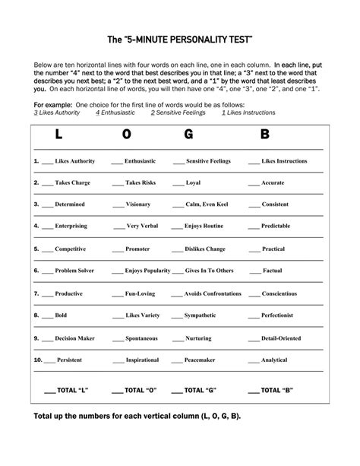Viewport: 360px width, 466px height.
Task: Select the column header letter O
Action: (x=126, y=136)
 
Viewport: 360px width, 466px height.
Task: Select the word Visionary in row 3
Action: (x=138, y=204)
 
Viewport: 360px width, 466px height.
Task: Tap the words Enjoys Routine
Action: (x=204, y=227)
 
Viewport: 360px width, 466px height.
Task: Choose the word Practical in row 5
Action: (x=273, y=249)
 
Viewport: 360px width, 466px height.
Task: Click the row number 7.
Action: (x=36, y=293)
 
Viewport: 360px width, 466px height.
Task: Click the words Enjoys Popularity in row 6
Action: (x=147, y=271)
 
